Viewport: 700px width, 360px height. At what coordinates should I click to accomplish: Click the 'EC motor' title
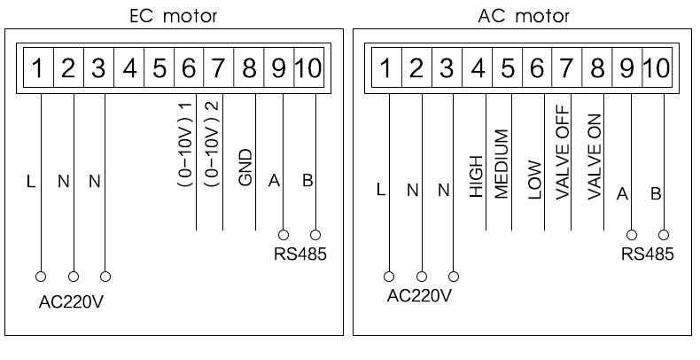tap(175, 15)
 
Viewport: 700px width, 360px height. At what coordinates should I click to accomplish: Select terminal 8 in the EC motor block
tap(251, 68)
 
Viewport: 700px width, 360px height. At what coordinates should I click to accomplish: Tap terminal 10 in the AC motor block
tap(657, 68)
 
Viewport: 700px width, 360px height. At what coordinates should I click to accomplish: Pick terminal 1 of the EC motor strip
tap(39, 68)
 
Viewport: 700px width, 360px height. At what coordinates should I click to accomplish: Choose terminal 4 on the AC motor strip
tap(477, 68)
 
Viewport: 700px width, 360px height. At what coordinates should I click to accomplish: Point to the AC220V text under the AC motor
tap(420, 294)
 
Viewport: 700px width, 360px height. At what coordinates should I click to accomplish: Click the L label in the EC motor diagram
tap(31, 182)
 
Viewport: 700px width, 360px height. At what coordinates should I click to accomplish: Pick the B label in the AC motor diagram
tap(656, 194)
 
